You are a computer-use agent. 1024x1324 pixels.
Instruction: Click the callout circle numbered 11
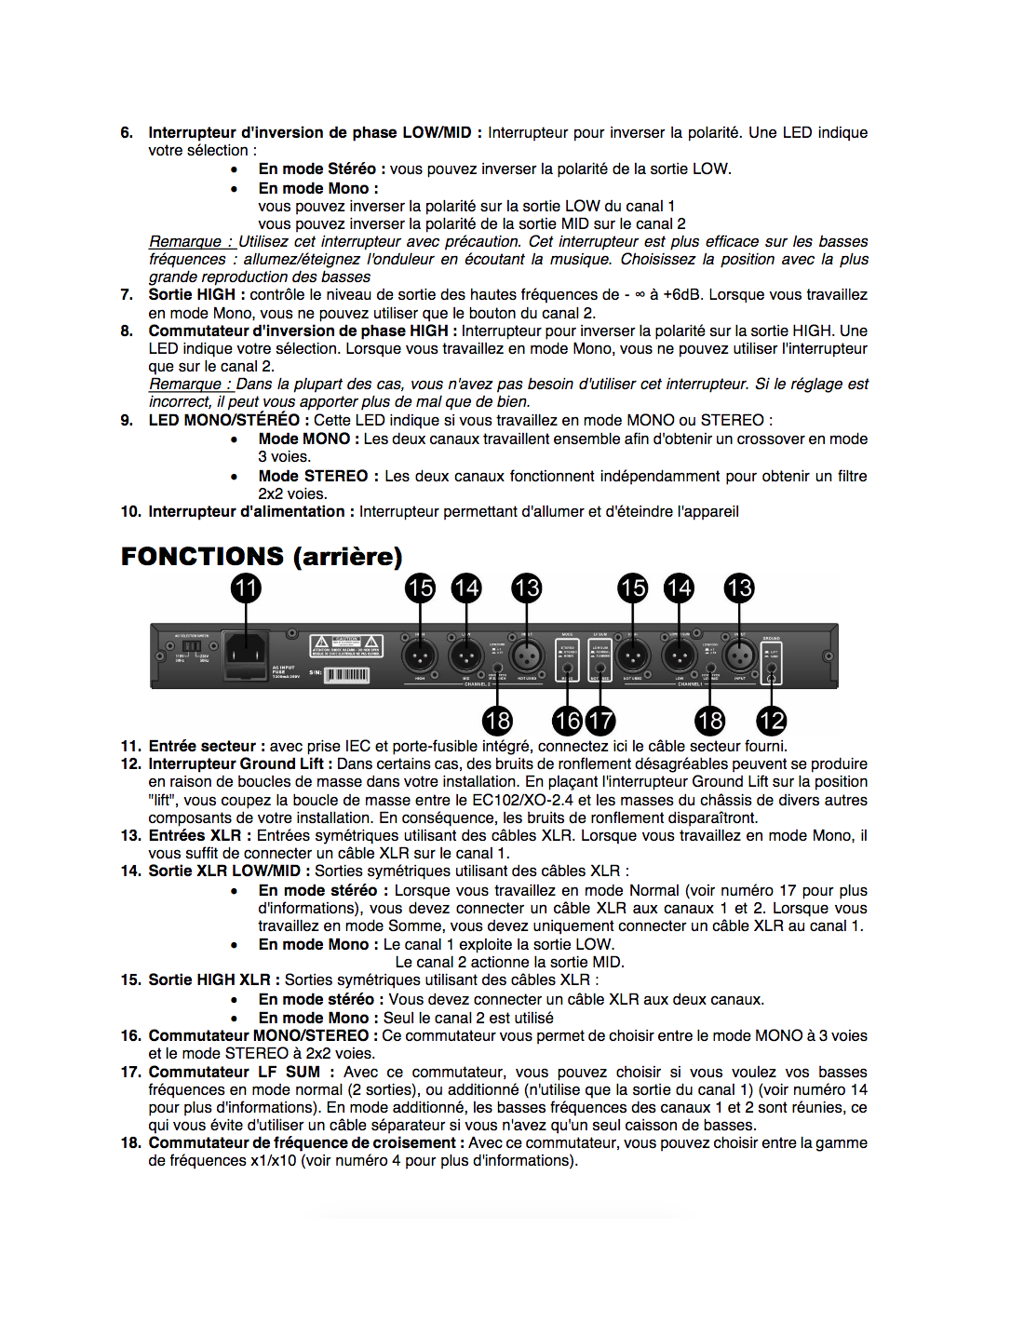(x=246, y=588)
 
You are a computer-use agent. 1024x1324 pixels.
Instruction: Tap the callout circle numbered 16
(x=567, y=720)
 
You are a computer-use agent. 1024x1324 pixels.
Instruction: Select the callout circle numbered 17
(x=600, y=720)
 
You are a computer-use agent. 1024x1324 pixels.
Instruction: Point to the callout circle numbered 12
(x=772, y=720)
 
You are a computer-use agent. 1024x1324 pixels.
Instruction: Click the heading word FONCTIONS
(x=202, y=557)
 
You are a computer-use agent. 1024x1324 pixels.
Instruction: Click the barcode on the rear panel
(x=346, y=674)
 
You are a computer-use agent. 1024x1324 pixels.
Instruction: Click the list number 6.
(x=127, y=133)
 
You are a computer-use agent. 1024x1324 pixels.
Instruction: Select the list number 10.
(x=130, y=512)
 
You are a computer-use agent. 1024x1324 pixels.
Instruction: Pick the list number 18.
(x=130, y=1143)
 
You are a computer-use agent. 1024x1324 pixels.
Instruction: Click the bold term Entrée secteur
(x=202, y=747)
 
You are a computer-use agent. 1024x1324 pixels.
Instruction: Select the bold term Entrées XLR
(x=195, y=836)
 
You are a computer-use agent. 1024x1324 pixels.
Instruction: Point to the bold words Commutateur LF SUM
(x=234, y=1073)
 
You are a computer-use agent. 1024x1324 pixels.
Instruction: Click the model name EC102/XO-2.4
(x=522, y=800)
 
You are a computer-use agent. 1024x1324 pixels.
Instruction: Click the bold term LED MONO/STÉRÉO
(x=223, y=421)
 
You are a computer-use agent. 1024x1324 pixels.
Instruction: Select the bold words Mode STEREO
(x=313, y=477)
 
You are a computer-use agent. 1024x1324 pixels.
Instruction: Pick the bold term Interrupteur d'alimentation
(x=247, y=512)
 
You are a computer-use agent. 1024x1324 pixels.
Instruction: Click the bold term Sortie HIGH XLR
(x=209, y=980)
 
